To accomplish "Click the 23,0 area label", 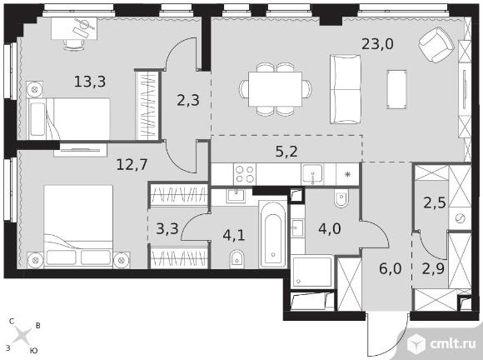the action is coord(377,44).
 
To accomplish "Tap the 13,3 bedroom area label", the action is coord(90,82).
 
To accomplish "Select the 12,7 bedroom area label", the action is coord(132,165).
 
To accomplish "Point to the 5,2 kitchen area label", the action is coord(286,152).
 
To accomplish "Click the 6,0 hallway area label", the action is coord(391,269).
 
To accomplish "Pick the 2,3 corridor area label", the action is coord(188,101).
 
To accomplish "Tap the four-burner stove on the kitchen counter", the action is coord(245,174).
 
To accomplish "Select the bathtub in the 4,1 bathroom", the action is coord(273,234).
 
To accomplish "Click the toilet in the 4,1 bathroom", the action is coord(237,259).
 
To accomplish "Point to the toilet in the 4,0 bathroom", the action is coord(341,197).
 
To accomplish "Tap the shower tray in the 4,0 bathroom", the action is coord(312,271).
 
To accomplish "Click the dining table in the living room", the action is coord(275,89).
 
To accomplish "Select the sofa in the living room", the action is coord(345,89).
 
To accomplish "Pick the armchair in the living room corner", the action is coord(436,45).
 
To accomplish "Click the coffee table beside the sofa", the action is coord(396,89).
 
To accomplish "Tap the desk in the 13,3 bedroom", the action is coord(74,28).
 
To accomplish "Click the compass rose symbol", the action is coord(22,336).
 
